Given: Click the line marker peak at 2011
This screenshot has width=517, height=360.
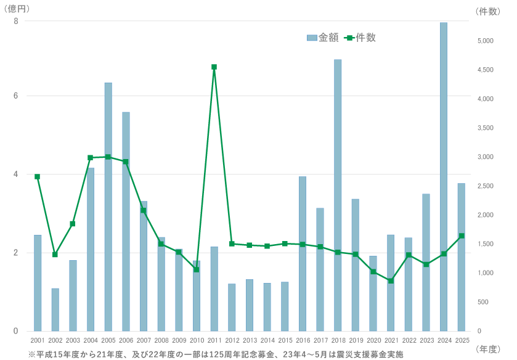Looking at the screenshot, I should (214, 67).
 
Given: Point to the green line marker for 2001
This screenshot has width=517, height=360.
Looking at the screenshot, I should (38, 176).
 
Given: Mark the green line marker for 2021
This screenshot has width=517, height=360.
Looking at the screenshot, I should (391, 281).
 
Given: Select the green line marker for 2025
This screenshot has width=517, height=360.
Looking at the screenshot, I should (462, 235).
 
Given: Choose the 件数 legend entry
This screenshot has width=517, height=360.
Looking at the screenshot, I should (360, 38).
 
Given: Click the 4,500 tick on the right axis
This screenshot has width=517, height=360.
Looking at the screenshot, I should (486, 70).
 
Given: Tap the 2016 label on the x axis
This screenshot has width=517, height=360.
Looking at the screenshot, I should (303, 340).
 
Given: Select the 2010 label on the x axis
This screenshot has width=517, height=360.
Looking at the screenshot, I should (197, 340).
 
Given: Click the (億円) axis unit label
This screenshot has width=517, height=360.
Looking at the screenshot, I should (17, 9).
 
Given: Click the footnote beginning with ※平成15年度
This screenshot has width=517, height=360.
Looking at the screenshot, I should (216, 354).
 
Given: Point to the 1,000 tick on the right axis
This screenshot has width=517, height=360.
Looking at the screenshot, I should (486, 273).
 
